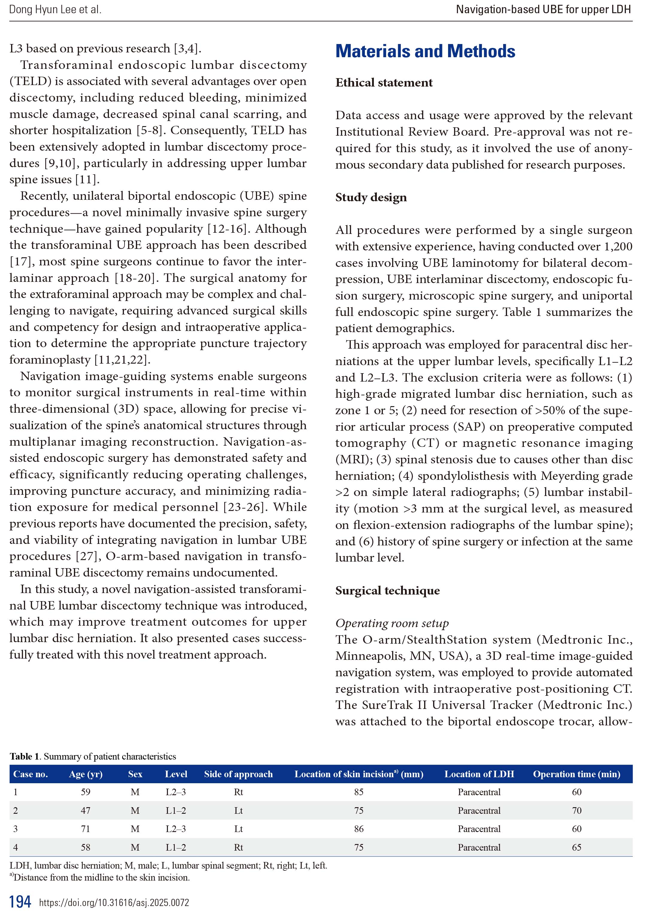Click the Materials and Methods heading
tap(425, 51)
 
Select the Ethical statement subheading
tap(383, 83)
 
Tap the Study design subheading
tap(371, 197)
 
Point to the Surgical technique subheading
tap(387, 591)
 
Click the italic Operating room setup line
tap(392, 623)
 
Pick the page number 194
tap(20, 901)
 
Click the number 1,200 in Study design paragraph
tap(617, 246)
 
